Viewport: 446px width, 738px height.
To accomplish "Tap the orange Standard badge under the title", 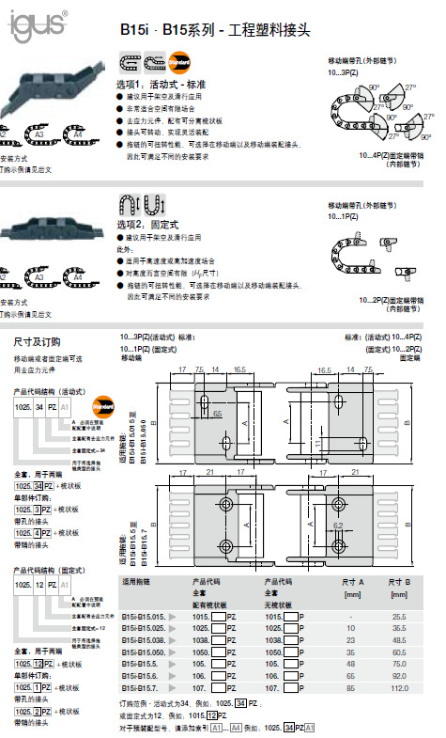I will (181, 63).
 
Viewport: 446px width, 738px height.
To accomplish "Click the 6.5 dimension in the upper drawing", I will (217, 413).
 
